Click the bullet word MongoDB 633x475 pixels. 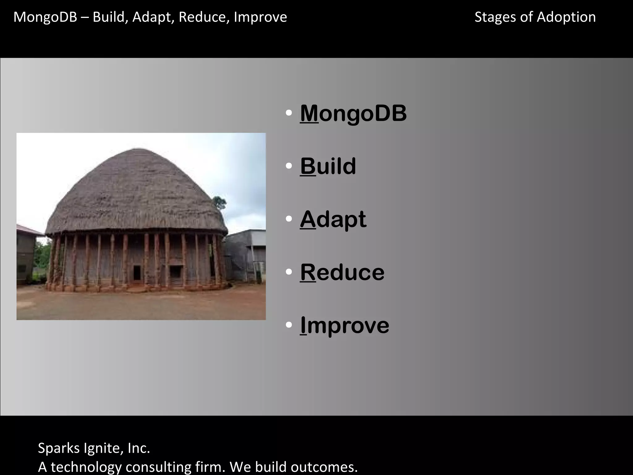pyautogui.click(x=353, y=113)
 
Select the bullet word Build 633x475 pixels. pyautogui.click(x=328, y=166)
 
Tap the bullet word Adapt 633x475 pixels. pyautogui.click(x=333, y=219)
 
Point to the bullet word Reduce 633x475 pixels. pyautogui.click(x=342, y=272)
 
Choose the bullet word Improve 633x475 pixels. pyautogui.click(x=344, y=325)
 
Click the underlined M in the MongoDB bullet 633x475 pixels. pyautogui.click(x=309, y=113)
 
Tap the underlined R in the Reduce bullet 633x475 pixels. pyautogui.click(x=308, y=272)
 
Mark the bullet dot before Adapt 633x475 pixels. pyautogui.click(x=289, y=219)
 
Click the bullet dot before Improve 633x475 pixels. pyautogui.click(x=289, y=325)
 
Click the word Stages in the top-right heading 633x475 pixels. pyautogui.click(x=495, y=17)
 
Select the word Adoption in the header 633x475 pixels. pyautogui.click(x=566, y=17)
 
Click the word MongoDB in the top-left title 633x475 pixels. pyautogui.click(x=45, y=17)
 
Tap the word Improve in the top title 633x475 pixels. pyautogui.click(x=260, y=17)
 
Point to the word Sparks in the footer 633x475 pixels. pyautogui.click(x=59, y=448)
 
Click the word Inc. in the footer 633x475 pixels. pyautogui.click(x=139, y=448)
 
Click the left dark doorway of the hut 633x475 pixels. pyautogui.click(x=137, y=272)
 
